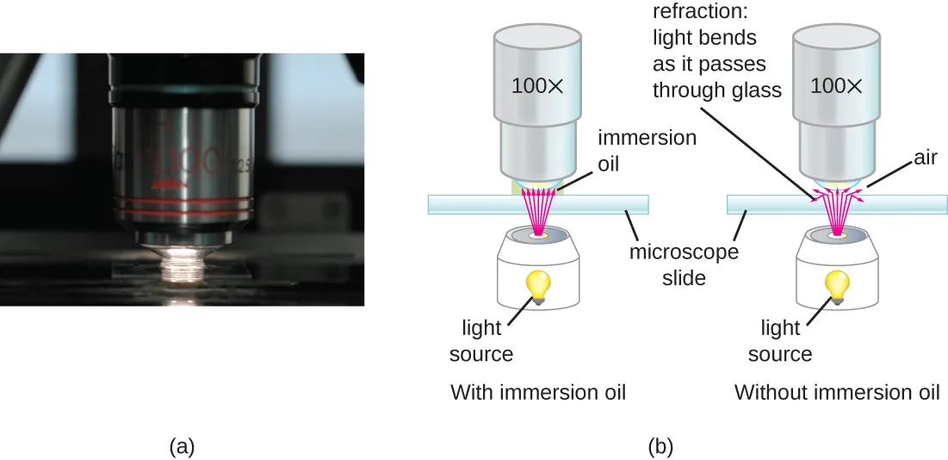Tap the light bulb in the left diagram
point(538,285)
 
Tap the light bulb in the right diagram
point(837,285)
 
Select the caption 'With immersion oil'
point(538,393)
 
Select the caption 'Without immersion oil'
point(836,393)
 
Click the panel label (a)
point(183,446)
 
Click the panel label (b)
point(660,446)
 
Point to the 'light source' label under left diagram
point(487,340)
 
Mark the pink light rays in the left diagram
point(538,211)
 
